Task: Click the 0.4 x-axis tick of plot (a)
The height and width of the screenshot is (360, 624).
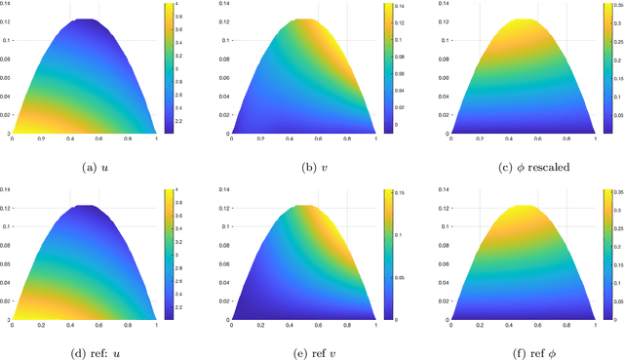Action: [68, 139]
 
